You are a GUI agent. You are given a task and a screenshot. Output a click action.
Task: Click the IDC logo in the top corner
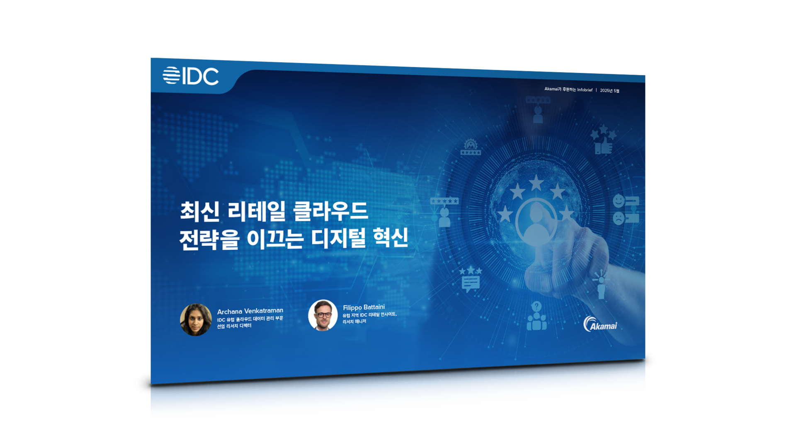[x=190, y=76]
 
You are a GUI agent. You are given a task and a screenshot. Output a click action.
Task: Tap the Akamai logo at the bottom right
[x=600, y=324]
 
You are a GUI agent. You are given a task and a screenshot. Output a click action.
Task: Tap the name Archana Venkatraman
[x=250, y=311]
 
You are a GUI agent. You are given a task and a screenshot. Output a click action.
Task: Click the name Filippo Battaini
[x=364, y=307]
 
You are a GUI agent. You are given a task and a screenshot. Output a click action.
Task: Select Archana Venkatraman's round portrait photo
[x=196, y=320]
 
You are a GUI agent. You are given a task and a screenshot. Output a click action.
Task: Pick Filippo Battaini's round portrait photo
[x=323, y=315]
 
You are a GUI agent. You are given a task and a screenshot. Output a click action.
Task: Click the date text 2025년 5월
[x=609, y=91]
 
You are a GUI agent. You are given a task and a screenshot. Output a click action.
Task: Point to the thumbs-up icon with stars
[x=603, y=140]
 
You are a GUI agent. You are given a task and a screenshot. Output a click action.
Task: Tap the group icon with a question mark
[x=536, y=316]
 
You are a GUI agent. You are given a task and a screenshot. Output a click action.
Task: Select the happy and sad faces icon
[x=626, y=209]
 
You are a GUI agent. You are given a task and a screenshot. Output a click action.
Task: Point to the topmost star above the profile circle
[x=536, y=183]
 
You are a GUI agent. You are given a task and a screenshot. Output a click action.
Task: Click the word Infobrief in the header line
[x=585, y=90]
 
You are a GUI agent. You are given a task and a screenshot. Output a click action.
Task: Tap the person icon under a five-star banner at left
[x=444, y=212]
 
